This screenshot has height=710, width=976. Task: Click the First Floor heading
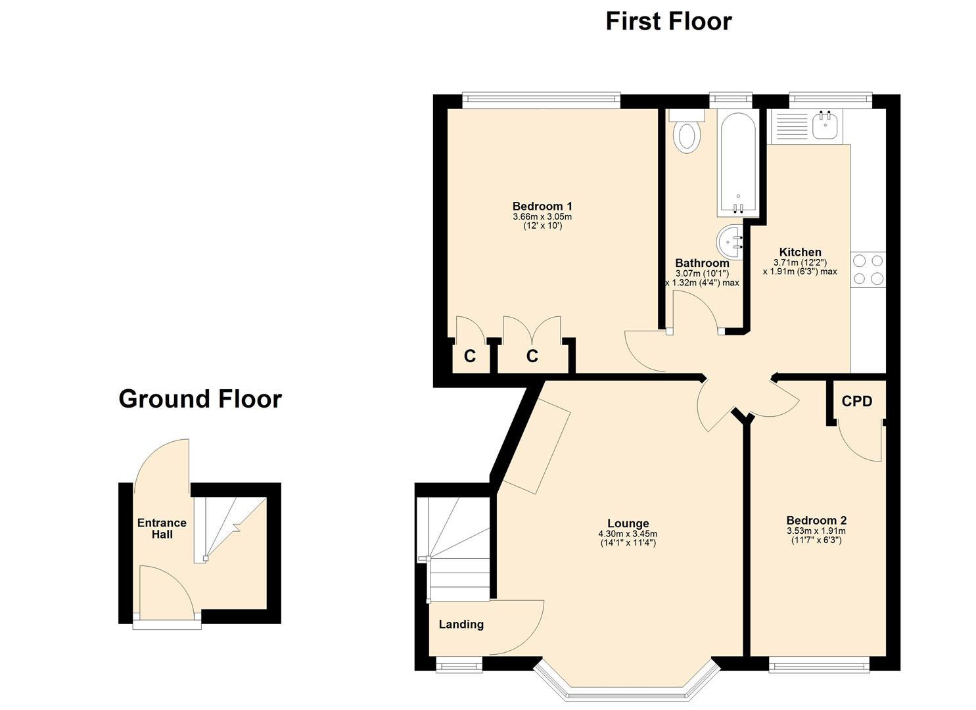pos(669,21)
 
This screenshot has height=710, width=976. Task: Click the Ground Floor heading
pos(200,398)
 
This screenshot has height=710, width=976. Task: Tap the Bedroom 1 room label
pos(542,206)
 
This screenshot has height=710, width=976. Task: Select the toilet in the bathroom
pos(687,131)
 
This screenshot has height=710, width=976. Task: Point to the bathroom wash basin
pos(730,243)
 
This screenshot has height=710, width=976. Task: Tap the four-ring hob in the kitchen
pos(868,270)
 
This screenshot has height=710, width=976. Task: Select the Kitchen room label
pos(801,252)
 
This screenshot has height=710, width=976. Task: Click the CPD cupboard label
pos(857,401)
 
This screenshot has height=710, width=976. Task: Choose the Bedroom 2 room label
pos(816,520)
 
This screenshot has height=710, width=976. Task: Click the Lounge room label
pos(628,523)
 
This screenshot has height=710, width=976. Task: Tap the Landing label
pos(461,625)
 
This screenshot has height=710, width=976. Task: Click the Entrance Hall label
pos(162,529)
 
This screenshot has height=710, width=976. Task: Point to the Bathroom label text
pos(703,263)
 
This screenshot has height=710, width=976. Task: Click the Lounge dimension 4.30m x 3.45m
pos(628,533)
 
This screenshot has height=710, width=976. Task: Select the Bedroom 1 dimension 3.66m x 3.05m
pos(542,217)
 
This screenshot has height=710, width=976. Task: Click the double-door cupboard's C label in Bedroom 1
pos(532,356)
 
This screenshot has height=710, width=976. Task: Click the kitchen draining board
pos(789,127)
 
